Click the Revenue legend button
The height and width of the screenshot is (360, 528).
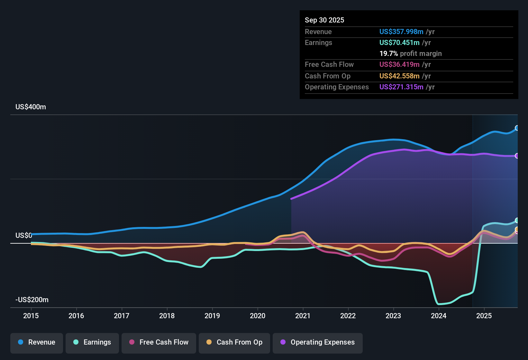point(37,342)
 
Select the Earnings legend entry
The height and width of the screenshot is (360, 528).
point(92,342)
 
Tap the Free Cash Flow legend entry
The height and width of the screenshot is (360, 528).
point(159,342)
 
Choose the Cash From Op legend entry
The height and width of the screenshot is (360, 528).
point(234,342)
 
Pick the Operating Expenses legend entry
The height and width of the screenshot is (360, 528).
point(318,342)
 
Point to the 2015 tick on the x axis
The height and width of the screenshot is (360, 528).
point(31,316)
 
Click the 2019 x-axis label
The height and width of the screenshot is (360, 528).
point(212,316)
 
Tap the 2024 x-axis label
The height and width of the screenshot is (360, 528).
point(439,316)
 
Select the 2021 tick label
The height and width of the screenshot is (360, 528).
point(303,316)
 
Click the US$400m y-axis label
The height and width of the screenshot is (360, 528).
point(31,107)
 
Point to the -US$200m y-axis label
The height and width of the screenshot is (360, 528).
point(32,300)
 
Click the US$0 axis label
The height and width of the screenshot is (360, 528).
point(23,236)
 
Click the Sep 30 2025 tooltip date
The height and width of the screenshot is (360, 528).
point(324,20)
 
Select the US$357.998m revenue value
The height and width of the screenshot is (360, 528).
point(401,32)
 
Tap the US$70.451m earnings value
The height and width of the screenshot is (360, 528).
point(399,42)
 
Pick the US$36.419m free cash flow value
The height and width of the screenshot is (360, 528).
point(399,65)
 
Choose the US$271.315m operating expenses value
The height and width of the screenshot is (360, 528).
point(401,87)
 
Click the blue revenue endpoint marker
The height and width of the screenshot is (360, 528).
point(517,128)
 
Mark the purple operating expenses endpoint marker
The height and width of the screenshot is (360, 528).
point(517,156)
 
